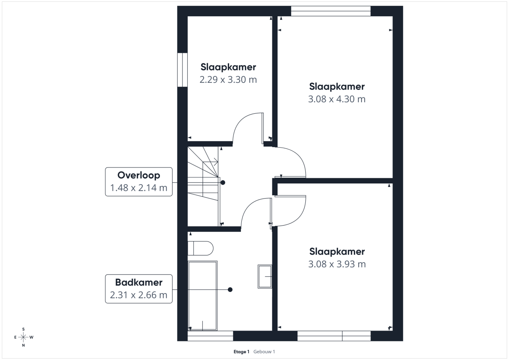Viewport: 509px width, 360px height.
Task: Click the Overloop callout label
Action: [139, 182]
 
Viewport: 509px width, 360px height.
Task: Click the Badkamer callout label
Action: [139, 289]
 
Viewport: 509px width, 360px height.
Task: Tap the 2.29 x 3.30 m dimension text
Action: [228, 80]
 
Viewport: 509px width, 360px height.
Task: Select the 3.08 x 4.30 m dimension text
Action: [337, 99]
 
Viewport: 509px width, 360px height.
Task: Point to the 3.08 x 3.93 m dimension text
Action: [337, 264]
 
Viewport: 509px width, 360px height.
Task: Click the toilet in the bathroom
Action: [200, 248]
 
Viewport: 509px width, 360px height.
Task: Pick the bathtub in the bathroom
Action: [203, 296]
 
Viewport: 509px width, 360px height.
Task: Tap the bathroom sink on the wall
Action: [265, 276]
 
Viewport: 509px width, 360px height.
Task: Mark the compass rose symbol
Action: [23, 337]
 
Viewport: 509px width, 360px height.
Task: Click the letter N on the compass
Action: [23, 345]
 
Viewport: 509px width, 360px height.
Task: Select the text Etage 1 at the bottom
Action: [241, 352]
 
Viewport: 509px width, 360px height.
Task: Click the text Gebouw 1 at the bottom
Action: [264, 352]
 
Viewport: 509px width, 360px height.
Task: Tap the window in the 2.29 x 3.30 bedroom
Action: [182, 70]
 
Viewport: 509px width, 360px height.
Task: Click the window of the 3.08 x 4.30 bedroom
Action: [330, 11]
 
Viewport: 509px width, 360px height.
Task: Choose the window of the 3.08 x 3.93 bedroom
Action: [334, 336]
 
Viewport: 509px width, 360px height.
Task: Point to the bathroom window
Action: [210, 336]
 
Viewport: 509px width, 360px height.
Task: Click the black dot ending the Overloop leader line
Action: [223, 183]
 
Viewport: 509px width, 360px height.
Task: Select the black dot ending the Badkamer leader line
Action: [230, 290]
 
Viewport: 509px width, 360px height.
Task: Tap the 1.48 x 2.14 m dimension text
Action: [139, 188]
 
